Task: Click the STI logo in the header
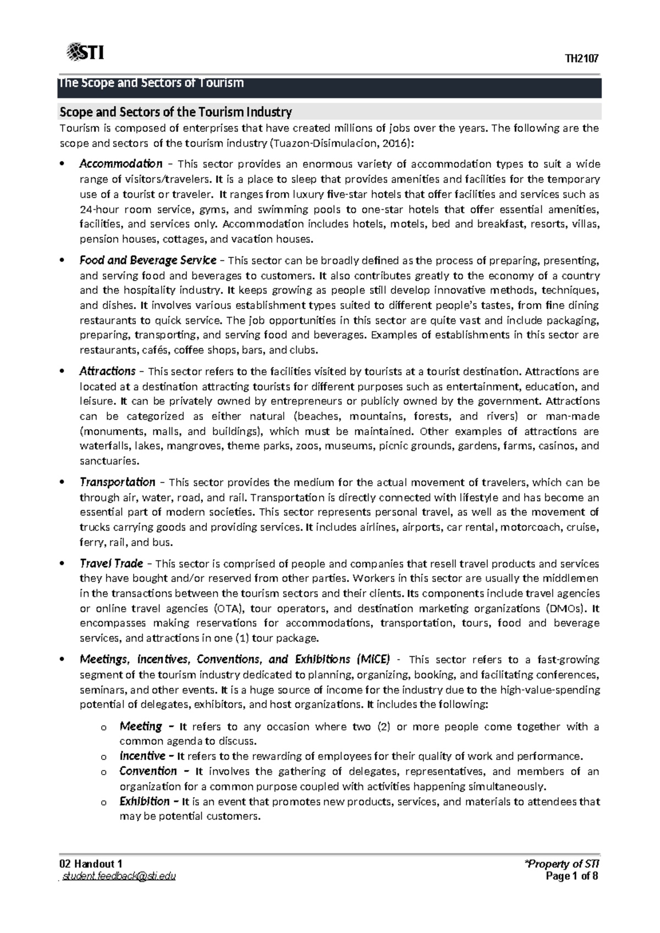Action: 85,53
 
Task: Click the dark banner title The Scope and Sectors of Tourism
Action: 151,84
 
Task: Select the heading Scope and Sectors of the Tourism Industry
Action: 175,112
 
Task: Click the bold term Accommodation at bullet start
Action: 120,163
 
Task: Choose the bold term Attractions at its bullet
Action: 107,371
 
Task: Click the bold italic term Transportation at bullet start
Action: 117,482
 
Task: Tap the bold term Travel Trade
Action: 111,563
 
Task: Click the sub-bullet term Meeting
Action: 141,726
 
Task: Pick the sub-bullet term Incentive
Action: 142,756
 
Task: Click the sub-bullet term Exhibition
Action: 145,801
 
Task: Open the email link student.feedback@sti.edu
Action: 119,876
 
